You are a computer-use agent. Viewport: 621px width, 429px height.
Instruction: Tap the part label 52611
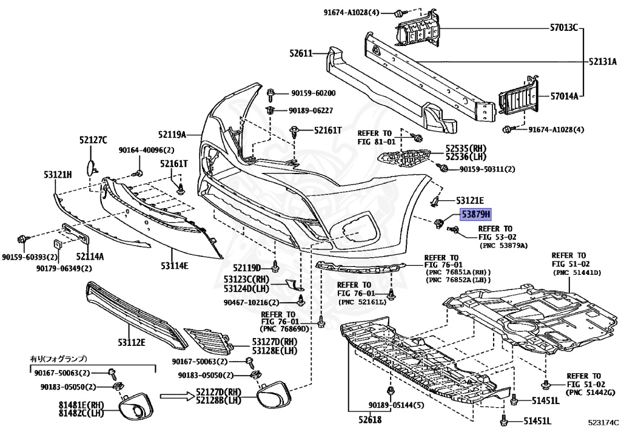[x=301, y=53]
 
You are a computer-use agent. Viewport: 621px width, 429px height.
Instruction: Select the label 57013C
[x=563, y=27]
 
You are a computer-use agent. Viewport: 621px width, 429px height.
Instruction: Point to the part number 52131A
[x=602, y=61]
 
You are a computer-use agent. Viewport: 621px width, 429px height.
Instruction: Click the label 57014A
[x=564, y=96]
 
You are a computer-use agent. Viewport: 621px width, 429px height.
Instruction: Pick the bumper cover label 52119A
[x=172, y=135]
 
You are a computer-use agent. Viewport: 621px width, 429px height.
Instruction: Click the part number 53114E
[x=174, y=265]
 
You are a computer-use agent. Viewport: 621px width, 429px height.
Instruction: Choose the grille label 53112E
[x=132, y=342]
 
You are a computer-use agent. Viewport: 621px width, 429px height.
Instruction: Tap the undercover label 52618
[x=369, y=419]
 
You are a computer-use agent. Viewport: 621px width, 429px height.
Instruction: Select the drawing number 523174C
[x=603, y=422]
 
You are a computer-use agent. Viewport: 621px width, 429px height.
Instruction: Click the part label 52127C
[x=93, y=140]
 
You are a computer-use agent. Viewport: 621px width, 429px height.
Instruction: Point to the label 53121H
[x=58, y=174]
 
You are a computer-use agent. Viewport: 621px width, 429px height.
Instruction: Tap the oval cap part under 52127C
[x=91, y=167]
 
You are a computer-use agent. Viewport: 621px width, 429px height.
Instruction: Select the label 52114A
[x=90, y=257]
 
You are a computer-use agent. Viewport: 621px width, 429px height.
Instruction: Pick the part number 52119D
[x=247, y=268]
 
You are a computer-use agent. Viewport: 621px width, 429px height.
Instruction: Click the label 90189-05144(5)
[x=390, y=405]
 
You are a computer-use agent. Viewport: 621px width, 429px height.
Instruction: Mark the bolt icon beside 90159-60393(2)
[x=22, y=239]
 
